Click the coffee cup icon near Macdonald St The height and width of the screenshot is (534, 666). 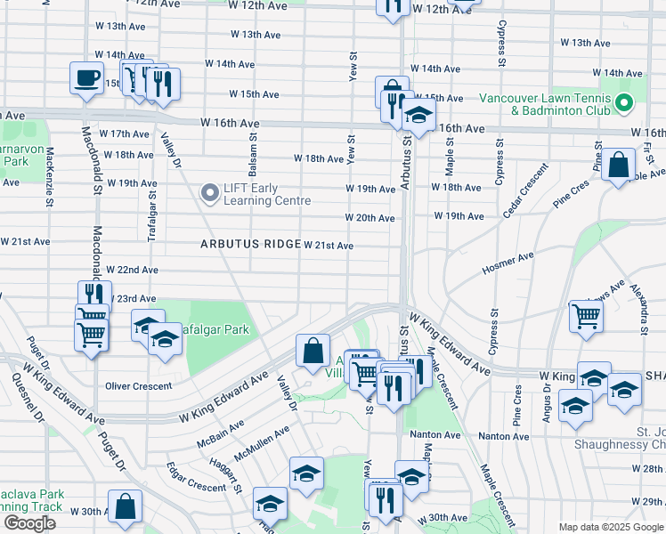pos(85,78)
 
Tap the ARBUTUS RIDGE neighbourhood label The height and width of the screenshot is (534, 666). pos(249,244)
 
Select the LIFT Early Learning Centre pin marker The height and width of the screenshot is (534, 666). pos(210,193)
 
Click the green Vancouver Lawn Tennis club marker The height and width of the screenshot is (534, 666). pos(623,104)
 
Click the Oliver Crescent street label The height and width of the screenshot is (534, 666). pos(138,385)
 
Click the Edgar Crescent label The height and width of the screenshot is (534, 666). pos(196,476)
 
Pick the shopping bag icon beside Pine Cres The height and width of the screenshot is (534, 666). pos(618,166)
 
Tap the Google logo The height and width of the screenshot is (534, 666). pos(29,522)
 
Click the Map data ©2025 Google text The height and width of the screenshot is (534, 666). pos(611,527)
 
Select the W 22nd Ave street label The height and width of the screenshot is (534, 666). pos(132,270)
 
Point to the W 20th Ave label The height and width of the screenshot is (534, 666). pos(370,218)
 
